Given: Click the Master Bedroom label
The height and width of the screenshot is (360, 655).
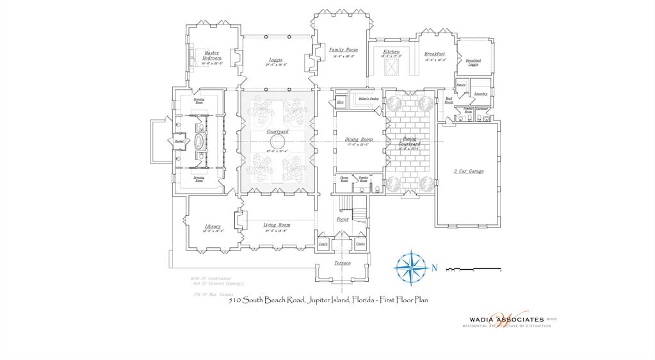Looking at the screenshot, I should click(x=212, y=56).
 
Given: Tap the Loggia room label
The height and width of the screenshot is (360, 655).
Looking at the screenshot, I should click(x=276, y=60).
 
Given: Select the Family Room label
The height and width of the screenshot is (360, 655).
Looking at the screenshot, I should click(x=343, y=49).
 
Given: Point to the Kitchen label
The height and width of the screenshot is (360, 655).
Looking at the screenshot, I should click(x=391, y=52).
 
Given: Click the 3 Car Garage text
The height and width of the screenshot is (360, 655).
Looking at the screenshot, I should click(x=468, y=172).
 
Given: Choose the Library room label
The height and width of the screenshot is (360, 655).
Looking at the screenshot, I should click(x=213, y=226).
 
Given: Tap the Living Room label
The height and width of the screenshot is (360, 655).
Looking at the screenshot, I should click(x=277, y=225).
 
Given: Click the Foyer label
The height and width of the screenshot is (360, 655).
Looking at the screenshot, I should click(x=343, y=219).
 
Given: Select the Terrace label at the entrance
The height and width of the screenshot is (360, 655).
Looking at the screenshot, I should click(x=343, y=263).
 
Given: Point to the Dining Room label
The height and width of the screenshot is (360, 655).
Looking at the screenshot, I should click(x=359, y=139).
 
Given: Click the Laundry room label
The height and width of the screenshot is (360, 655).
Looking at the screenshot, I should click(x=480, y=94).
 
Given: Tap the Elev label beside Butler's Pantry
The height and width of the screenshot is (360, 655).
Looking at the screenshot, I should click(x=341, y=102).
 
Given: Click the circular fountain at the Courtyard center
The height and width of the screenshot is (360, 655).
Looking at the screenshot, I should click(x=277, y=141).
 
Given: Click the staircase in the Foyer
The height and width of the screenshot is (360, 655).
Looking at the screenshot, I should click(x=346, y=205).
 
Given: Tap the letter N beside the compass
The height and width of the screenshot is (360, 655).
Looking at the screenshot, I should click(x=433, y=268).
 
